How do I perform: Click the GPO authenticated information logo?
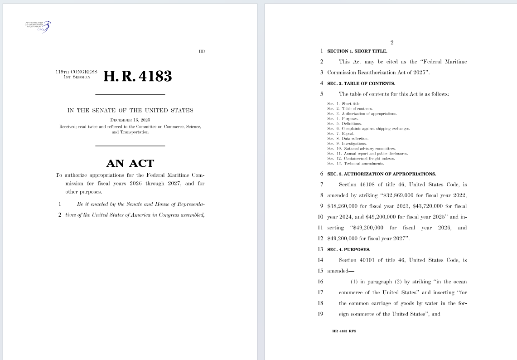pos(38,26)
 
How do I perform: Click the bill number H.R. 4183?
pos(138,76)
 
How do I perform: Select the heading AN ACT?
pos(130,163)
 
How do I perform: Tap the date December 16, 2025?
pos(130,120)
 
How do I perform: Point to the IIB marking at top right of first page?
pos(202,51)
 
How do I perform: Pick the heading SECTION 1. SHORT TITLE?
pos(357,51)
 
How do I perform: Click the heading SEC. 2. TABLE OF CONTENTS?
pos(361,83)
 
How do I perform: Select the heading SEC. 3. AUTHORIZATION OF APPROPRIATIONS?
pos(382,174)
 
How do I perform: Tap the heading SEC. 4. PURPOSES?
pos(348,249)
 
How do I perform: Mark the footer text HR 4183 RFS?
pos(344,331)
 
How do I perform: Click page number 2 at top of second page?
pos(392,43)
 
